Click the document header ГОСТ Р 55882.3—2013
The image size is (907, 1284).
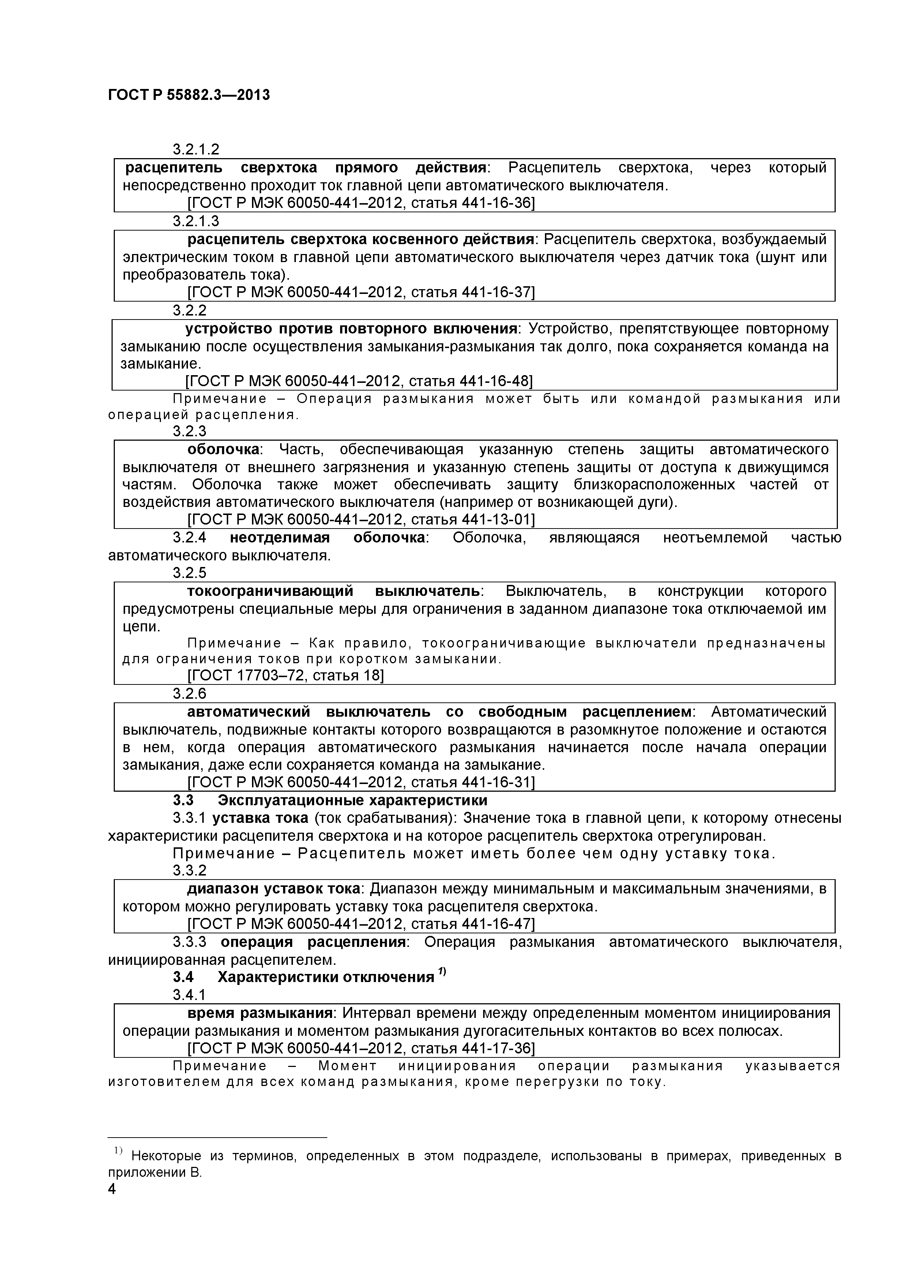click(x=188, y=96)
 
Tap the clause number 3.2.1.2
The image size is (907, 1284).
click(x=196, y=150)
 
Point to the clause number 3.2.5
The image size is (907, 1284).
click(x=189, y=573)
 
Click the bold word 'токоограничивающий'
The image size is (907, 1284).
click(x=271, y=591)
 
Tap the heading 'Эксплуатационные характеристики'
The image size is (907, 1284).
click(x=352, y=800)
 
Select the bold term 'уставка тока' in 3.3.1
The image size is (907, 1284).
click(x=260, y=818)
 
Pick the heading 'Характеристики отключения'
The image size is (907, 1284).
click(x=326, y=978)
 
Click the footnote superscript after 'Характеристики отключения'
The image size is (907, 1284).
click(x=441, y=971)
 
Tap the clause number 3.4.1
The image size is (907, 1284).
click(x=189, y=996)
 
